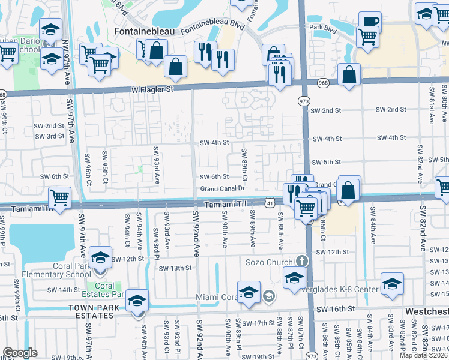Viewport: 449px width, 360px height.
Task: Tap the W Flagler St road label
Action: tap(152, 89)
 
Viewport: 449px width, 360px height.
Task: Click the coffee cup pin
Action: tap(370, 22)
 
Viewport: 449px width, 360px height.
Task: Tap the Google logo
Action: tap(20, 353)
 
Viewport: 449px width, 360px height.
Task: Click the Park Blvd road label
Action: tap(321, 28)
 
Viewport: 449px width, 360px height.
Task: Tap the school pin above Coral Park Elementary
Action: tap(101, 258)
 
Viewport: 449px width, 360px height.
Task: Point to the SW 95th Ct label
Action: tap(105, 169)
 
